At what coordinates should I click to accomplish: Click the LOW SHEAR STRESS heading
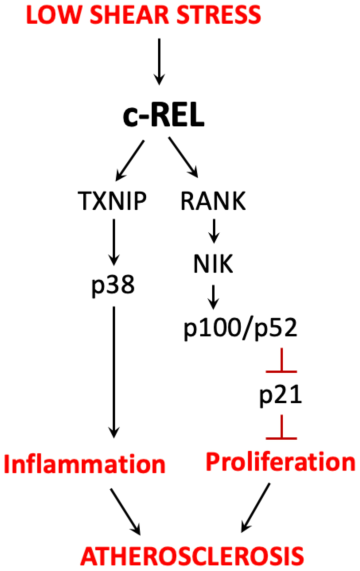coord(143,14)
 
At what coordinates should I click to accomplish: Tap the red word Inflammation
coord(84,463)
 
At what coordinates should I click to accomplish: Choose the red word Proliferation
coord(280,462)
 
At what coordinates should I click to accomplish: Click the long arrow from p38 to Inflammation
coord(114,370)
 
